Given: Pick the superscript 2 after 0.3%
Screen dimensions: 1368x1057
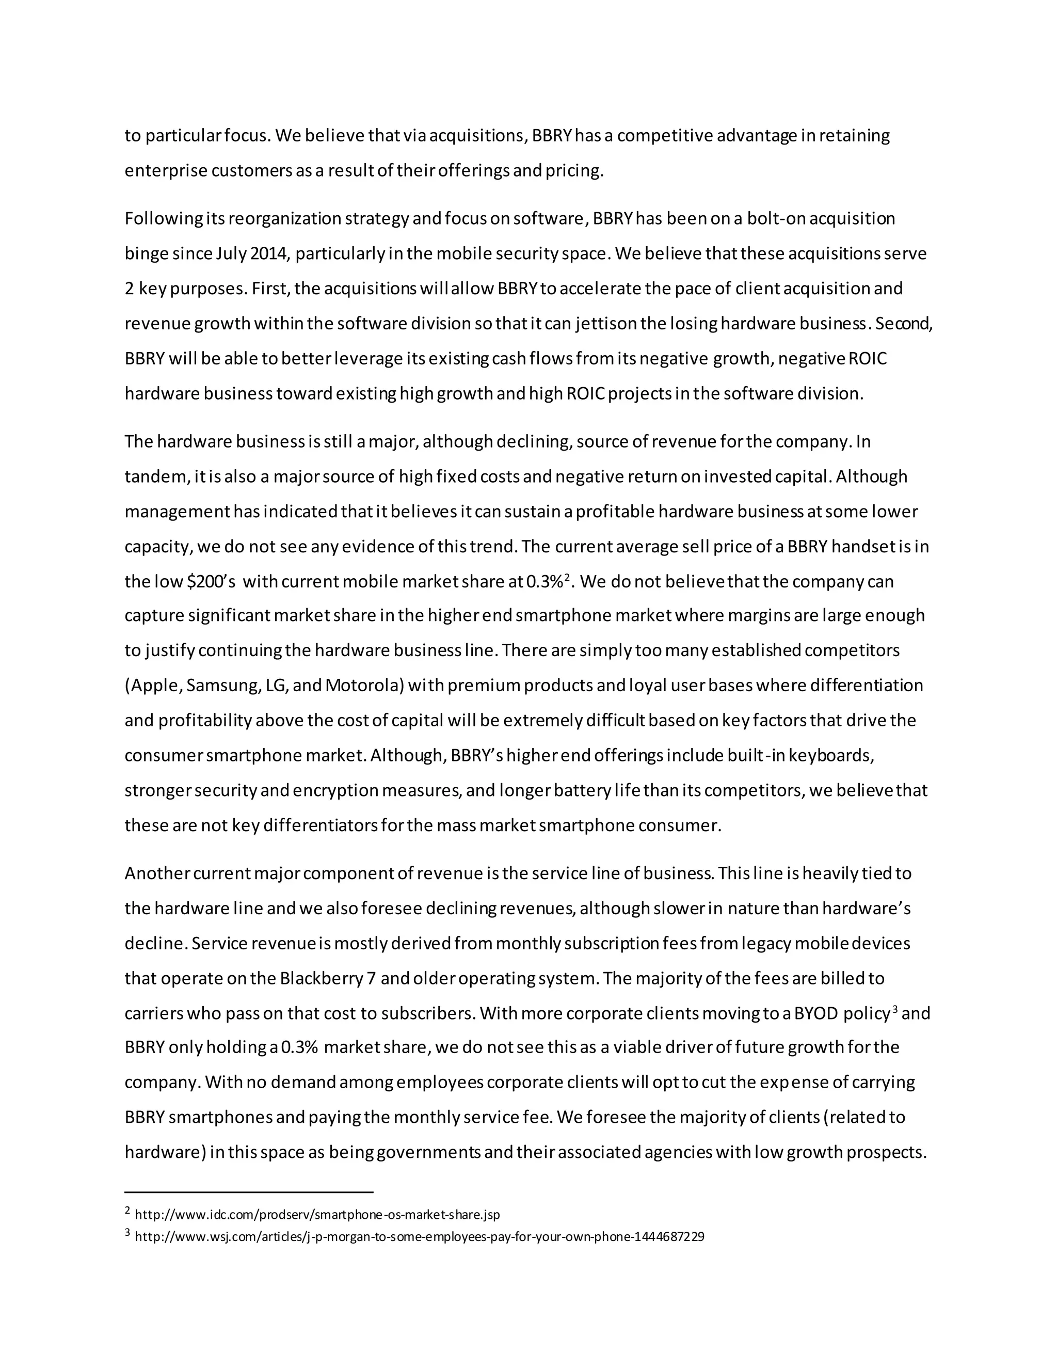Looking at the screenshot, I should click(x=566, y=578).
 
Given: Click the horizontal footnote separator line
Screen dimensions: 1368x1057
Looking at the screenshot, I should click(x=249, y=1192).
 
